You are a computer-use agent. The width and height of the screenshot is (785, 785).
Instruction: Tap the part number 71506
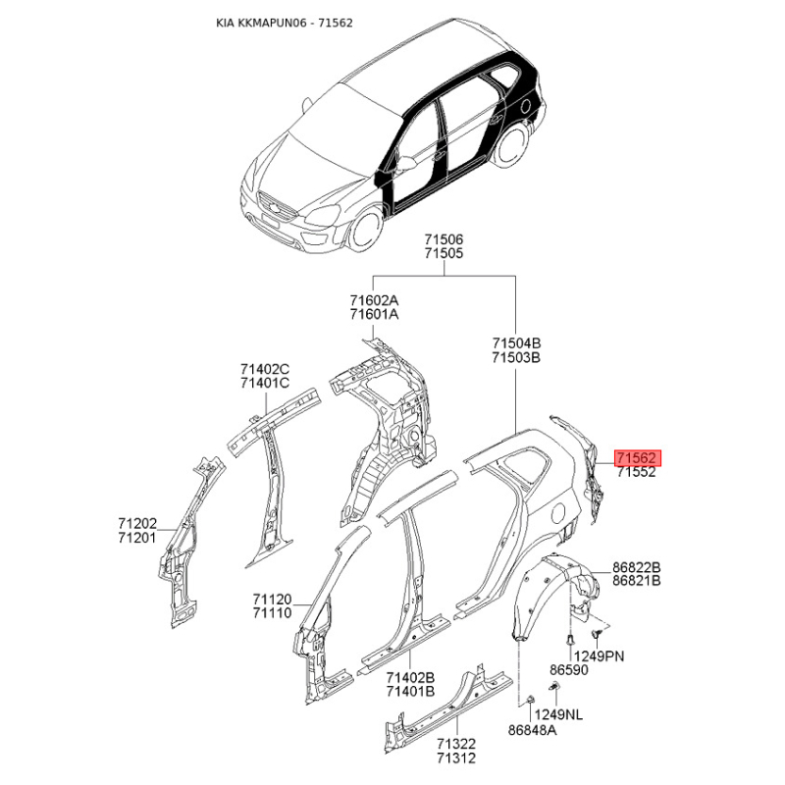click(x=444, y=239)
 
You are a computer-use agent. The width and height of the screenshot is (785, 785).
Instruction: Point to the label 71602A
click(x=374, y=300)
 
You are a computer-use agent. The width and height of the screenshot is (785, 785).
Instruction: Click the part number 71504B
click(x=516, y=343)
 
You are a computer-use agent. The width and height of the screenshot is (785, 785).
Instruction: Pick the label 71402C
click(x=265, y=369)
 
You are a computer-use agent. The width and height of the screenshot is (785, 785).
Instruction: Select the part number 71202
click(x=136, y=525)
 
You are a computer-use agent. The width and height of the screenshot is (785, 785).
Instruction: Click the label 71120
click(x=272, y=599)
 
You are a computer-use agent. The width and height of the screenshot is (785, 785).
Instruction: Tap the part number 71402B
click(x=410, y=677)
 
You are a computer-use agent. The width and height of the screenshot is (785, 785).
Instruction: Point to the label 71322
click(x=456, y=745)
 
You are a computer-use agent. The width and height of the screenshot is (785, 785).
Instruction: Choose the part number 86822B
click(x=637, y=568)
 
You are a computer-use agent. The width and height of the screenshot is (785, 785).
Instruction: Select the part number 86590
click(x=568, y=670)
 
